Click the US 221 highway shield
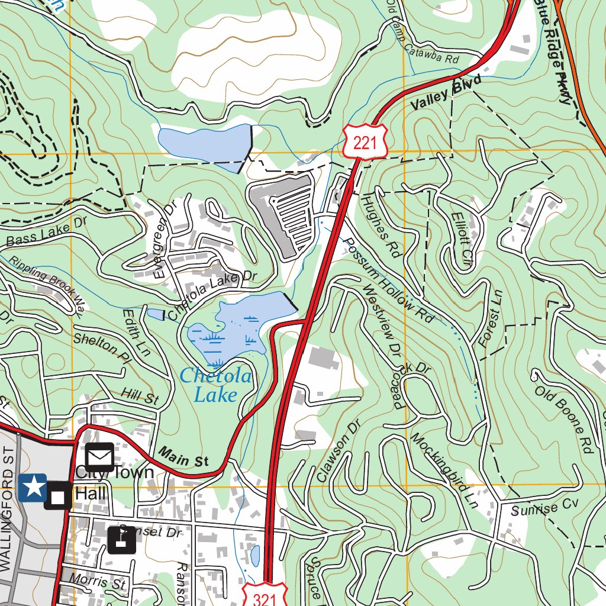point(365,141)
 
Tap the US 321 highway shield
point(265,596)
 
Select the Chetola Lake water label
point(216,385)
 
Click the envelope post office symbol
point(99,457)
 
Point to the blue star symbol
point(33,487)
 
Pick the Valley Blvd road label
point(445,94)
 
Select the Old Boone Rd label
point(564,420)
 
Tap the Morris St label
point(98,582)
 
